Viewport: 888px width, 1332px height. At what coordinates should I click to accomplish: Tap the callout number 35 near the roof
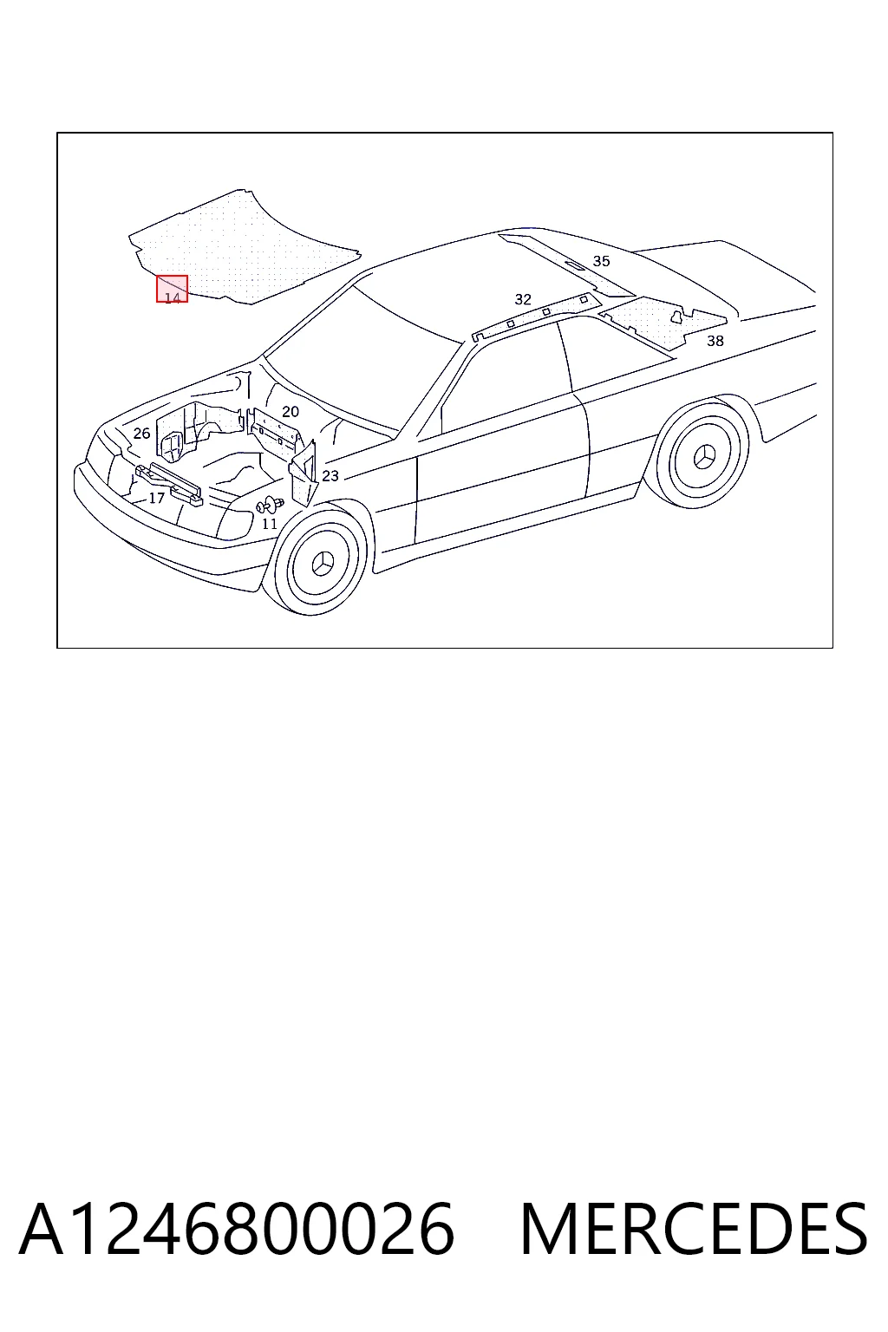601,261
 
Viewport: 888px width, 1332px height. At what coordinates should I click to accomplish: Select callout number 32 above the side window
523,299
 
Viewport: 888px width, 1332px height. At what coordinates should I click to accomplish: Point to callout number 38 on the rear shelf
715,341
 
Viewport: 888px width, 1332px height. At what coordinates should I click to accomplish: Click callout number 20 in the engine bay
291,412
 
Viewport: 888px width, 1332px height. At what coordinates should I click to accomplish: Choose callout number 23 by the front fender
330,476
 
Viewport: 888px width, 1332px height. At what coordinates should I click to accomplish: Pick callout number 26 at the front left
141,434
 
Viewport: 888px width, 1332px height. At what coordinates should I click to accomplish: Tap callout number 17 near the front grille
156,499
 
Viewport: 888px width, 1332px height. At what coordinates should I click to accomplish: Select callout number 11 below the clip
270,524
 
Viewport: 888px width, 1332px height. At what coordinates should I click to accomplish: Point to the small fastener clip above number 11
270,505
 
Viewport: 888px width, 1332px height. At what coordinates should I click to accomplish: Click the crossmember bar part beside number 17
169,483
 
